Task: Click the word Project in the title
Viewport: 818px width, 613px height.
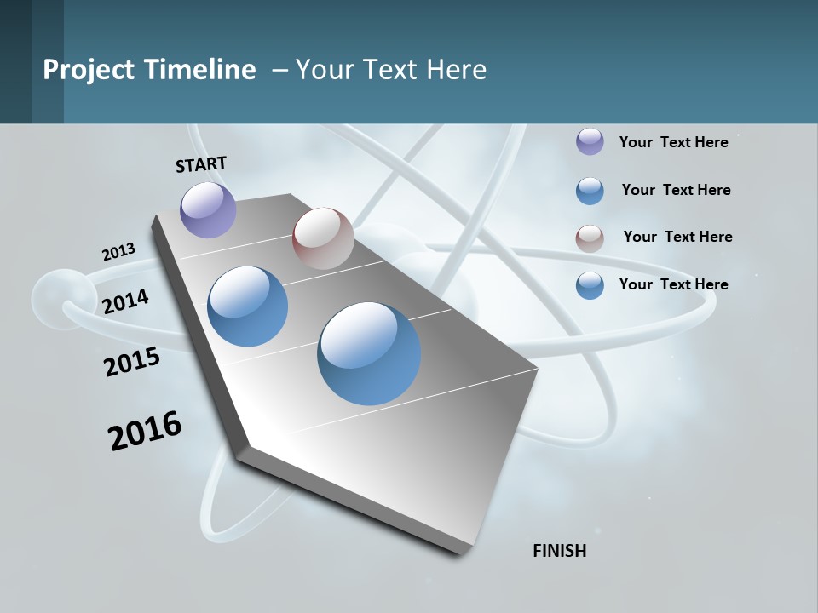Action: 89,70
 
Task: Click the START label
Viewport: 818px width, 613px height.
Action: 201,164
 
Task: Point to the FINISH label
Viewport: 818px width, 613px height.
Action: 560,551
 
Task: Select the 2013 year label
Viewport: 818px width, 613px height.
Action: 118,252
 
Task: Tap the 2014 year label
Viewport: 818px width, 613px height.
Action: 125,301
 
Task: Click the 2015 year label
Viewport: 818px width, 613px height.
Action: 132,362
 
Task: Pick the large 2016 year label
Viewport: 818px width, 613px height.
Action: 145,431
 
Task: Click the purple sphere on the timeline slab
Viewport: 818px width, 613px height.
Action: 209,209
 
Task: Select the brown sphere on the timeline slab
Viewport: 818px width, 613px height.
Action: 323,238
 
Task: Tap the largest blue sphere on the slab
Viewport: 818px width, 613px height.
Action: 369,353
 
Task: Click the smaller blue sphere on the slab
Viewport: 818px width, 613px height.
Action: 248,306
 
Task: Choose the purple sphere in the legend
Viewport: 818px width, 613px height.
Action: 590,141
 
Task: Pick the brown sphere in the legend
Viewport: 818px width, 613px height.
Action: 590,238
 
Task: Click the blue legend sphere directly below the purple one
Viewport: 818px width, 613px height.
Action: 590,191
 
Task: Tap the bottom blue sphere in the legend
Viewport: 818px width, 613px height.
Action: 590,285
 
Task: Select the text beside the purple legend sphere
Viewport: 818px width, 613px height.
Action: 673,142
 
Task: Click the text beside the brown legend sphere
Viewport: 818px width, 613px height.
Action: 677,237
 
